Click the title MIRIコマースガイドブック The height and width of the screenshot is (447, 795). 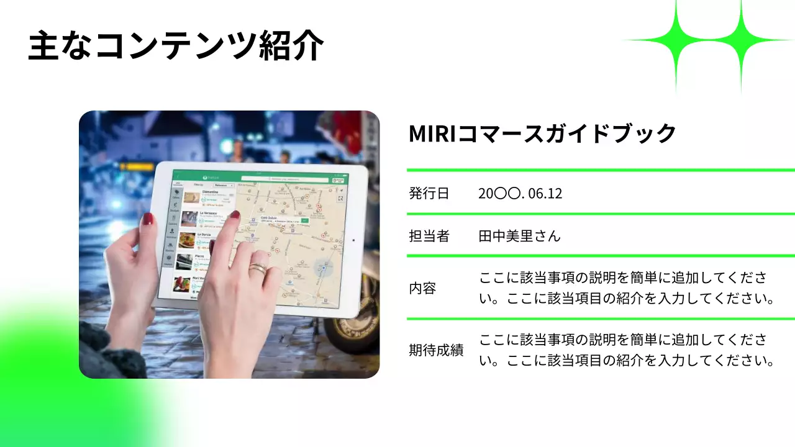(x=542, y=133)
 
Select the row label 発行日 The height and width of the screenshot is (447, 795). (x=429, y=193)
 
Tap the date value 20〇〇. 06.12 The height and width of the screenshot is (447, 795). (x=520, y=193)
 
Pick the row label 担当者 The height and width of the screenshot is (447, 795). (x=429, y=236)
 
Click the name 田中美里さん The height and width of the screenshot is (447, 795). (x=519, y=236)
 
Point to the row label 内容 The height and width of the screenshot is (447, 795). (x=422, y=288)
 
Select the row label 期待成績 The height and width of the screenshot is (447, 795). (x=436, y=350)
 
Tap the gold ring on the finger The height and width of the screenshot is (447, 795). (x=258, y=268)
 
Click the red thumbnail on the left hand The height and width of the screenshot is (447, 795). (x=148, y=219)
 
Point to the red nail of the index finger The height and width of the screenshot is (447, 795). (x=235, y=215)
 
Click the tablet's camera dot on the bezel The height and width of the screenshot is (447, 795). (x=353, y=240)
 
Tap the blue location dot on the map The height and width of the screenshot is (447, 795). (x=322, y=266)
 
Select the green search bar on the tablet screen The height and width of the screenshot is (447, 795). (x=253, y=178)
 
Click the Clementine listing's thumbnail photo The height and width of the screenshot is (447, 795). (x=192, y=197)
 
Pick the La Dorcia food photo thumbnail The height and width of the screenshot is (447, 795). (x=187, y=240)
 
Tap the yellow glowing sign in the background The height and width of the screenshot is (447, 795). (x=137, y=166)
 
